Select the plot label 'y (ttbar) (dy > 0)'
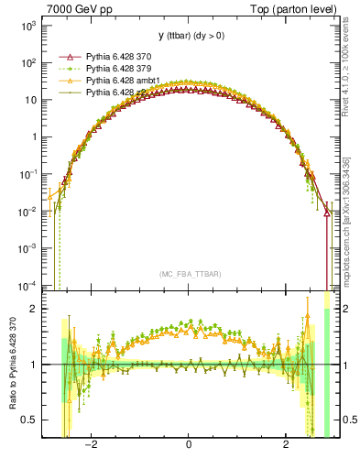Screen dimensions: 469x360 point(188,36)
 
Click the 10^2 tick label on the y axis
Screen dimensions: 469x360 point(28,63)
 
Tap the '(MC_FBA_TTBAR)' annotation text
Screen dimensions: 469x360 point(188,274)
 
